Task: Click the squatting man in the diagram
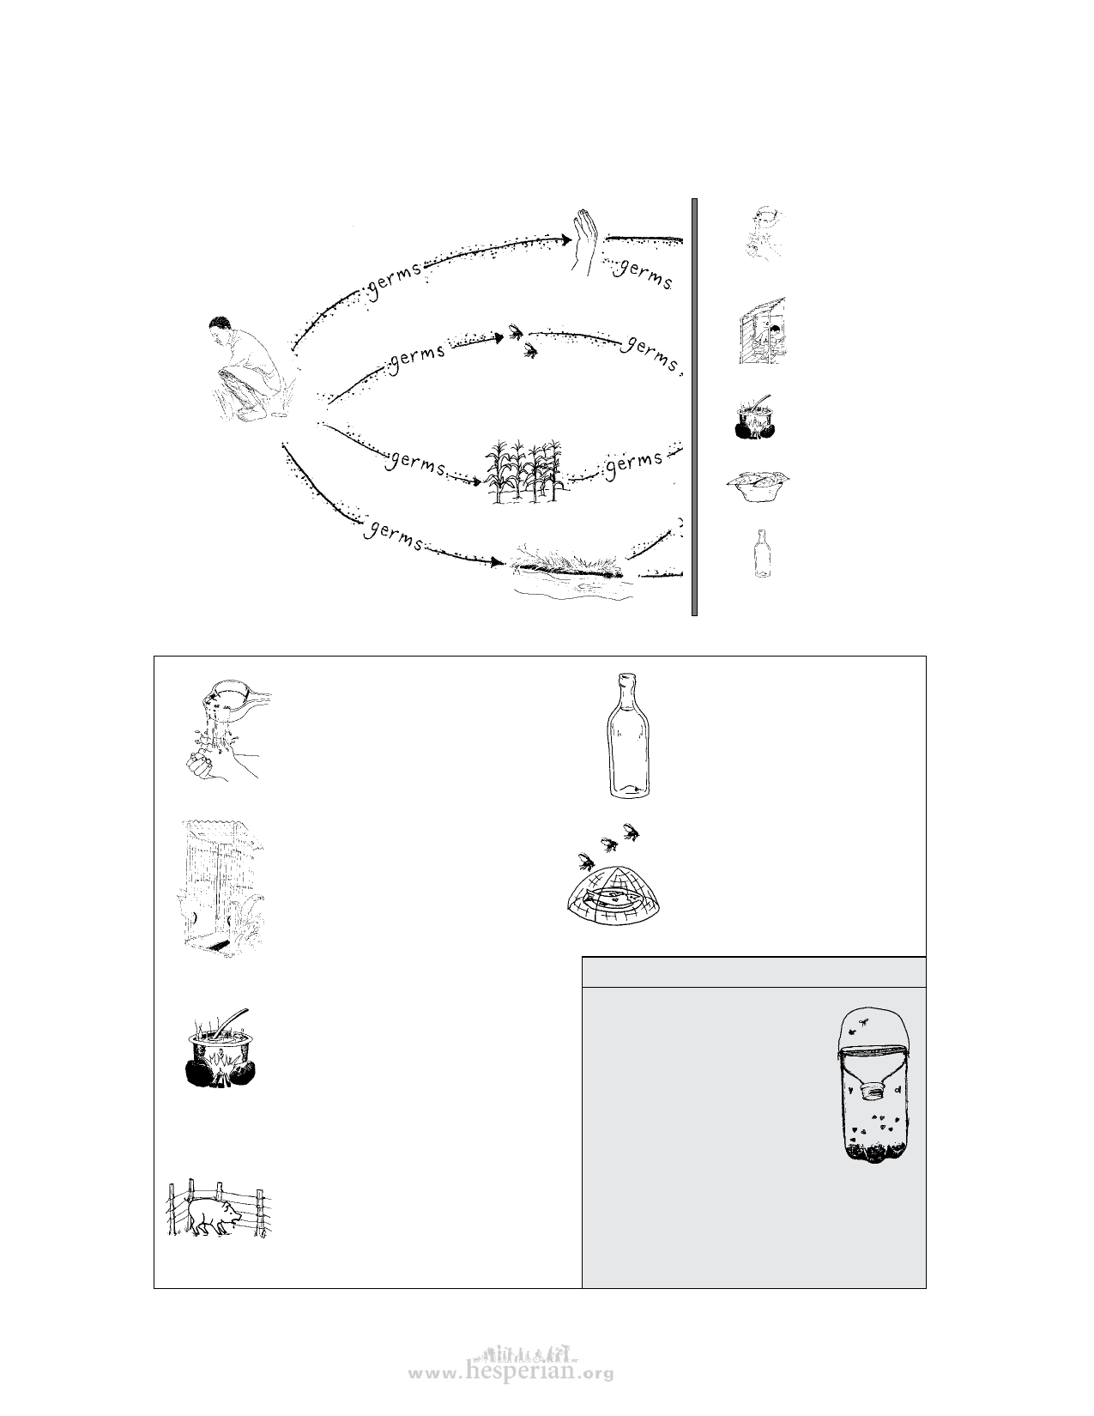(251, 369)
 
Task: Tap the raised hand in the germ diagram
(585, 242)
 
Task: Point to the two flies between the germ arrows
(524, 341)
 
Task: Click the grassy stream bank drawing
(571, 571)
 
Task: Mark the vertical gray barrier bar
(694, 407)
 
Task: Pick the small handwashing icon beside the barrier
(765, 234)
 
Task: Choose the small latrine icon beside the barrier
(762, 330)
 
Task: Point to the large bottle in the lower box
(629, 735)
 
